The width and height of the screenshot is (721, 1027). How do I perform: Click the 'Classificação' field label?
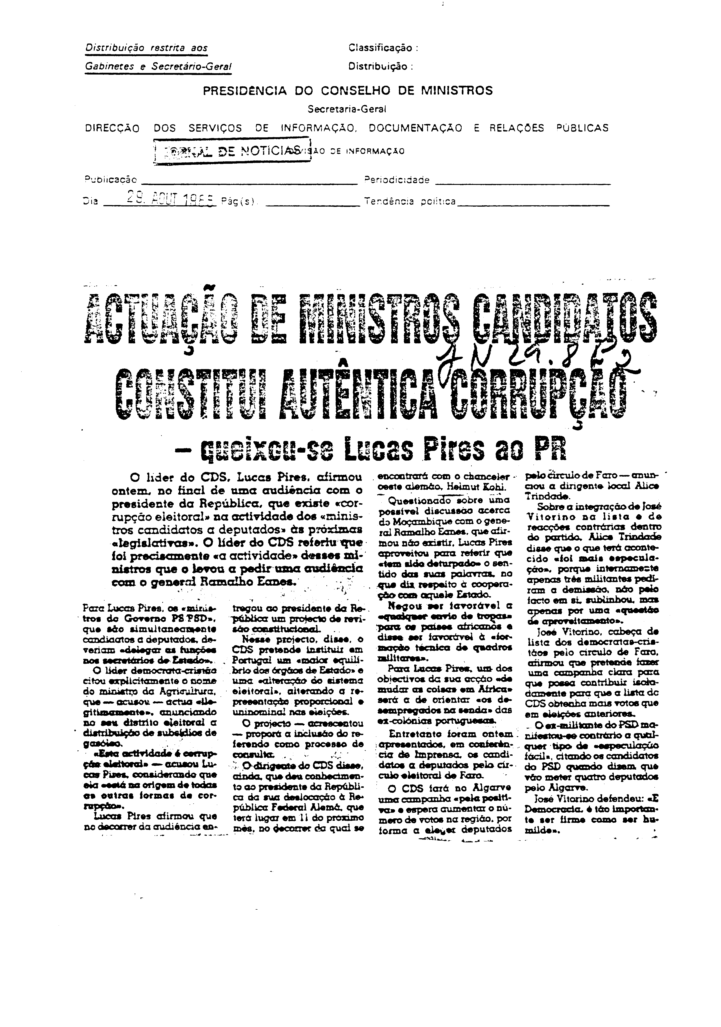tap(382, 48)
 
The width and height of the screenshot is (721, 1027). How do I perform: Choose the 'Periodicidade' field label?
tap(397, 180)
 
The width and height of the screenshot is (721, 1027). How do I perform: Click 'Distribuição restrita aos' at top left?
tap(146, 48)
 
